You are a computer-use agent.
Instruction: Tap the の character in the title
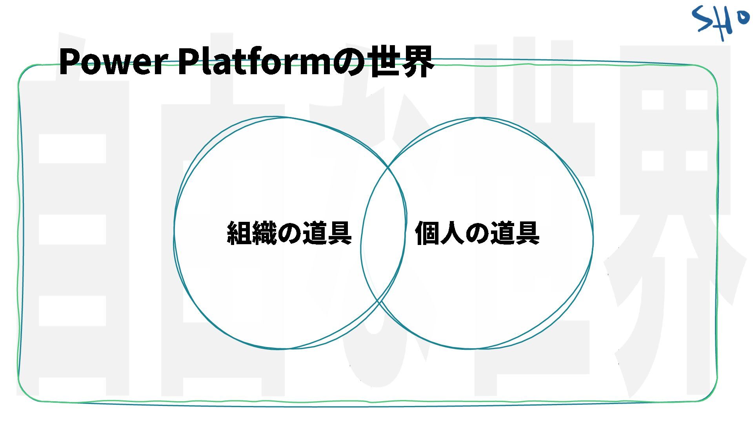[x=349, y=62]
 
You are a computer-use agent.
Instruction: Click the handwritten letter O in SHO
[x=742, y=18]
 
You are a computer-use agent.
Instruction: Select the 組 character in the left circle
[x=239, y=233]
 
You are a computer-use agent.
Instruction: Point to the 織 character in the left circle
[x=264, y=233]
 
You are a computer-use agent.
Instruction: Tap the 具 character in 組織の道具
[x=339, y=233]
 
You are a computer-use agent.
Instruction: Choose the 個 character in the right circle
[x=427, y=233]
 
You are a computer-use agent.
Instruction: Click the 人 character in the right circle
[x=452, y=233]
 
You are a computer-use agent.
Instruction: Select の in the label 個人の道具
[x=477, y=233]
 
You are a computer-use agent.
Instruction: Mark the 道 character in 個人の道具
[x=502, y=233]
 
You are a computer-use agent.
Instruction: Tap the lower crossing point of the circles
[x=378, y=301]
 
